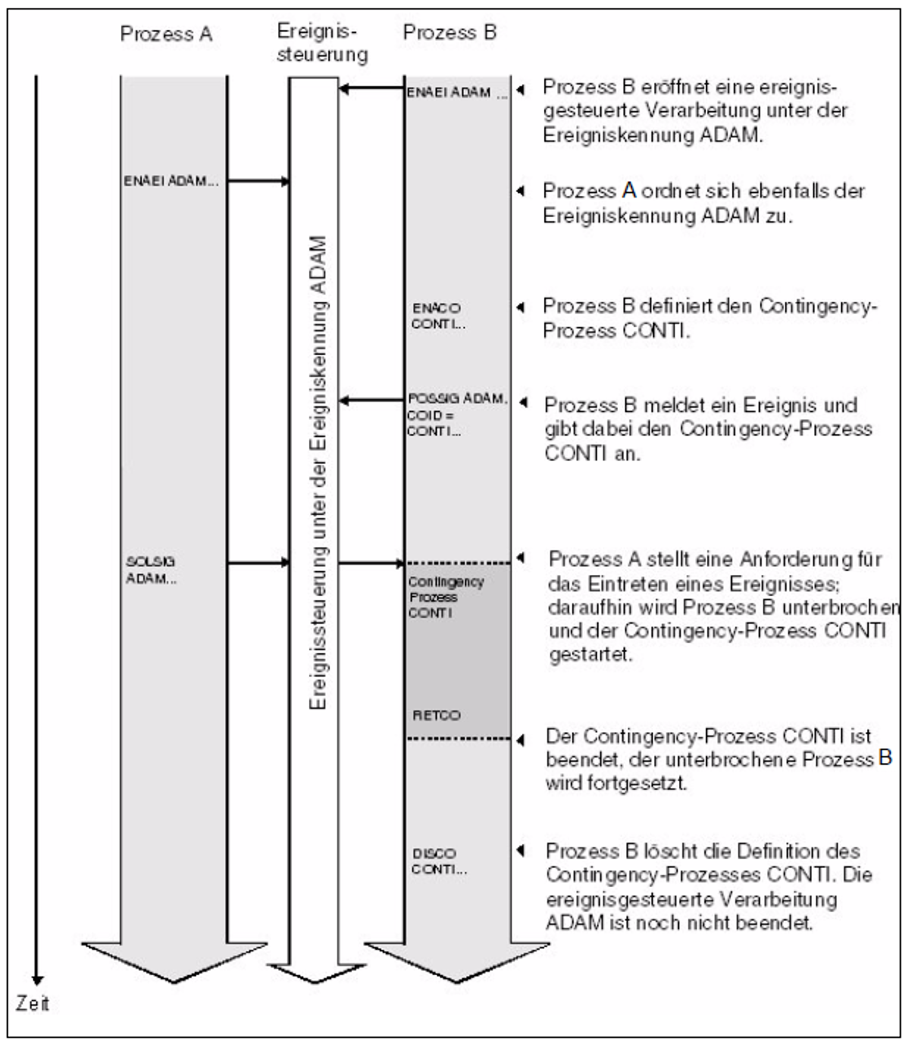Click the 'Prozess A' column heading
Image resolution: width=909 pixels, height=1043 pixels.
[x=166, y=34]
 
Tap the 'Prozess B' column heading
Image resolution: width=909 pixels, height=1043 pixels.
[x=450, y=32]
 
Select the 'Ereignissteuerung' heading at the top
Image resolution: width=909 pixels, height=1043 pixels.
[x=322, y=43]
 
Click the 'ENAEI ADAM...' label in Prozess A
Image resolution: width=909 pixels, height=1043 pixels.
[x=171, y=181]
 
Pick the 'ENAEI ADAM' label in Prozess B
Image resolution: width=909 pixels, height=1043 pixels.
[x=449, y=92]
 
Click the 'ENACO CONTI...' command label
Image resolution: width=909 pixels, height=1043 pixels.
[x=438, y=316]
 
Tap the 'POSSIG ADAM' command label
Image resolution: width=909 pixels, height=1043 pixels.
[x=457, y=398]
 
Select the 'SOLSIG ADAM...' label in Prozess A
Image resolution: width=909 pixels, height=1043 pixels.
[x=151, y=569]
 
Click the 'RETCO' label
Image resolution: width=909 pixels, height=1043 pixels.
[x=436, y=716]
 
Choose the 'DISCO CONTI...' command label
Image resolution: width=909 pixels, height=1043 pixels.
[x=439, y=861]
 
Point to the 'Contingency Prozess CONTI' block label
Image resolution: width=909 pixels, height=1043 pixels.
[x=446, y=597]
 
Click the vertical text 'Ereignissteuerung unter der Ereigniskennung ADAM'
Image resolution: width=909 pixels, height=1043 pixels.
[x=318, y=472]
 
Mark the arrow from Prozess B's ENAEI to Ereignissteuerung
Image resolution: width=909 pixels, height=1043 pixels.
[x=371, y=89]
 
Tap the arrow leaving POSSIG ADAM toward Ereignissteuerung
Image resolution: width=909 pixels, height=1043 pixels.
[x=371, y=400]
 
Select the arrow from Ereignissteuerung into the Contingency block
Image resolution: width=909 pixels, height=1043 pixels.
[x=371, y=563]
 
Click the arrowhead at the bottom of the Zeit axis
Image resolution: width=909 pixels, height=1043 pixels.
[x=36, y=980]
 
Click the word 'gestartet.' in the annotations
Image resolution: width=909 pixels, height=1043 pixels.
[x=591, y=654]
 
